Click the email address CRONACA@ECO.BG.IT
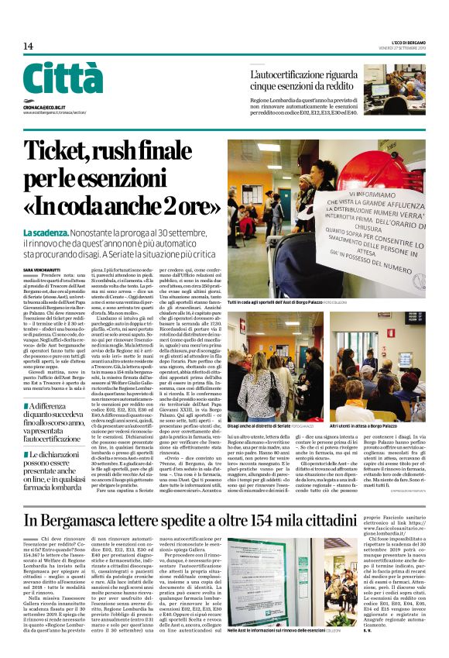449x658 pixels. [47, 111]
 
